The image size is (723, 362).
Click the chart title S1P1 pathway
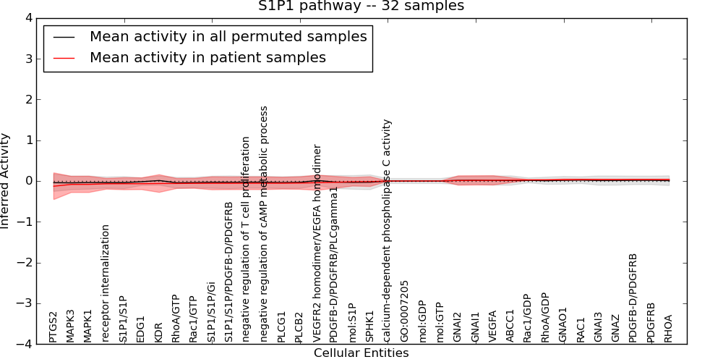(361, 7)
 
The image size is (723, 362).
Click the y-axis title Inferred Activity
(6, 180)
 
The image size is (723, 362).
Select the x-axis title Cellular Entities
(361, 353)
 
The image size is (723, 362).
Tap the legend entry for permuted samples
(228, 37)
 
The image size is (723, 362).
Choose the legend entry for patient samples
(208, 58)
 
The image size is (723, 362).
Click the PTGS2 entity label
(54, 327)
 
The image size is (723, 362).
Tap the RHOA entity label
(669, 328)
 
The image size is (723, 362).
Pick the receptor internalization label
(106, 283)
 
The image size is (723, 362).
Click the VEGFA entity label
(492, 326)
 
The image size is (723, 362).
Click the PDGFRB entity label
(651, 322)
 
